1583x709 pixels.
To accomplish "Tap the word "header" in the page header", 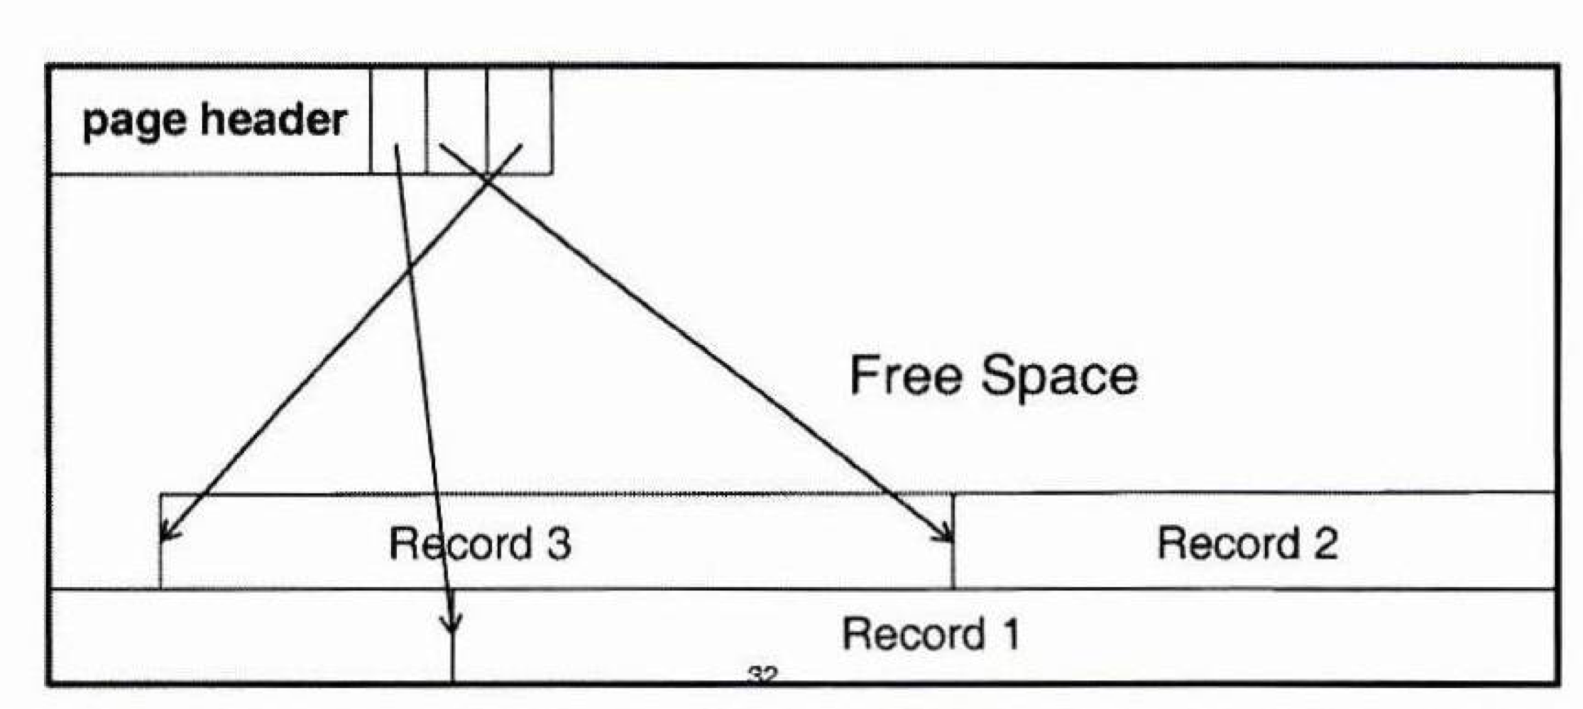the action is pyautogui.click(x=274, y=119).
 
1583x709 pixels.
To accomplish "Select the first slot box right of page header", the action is pyautogui.click(x=398, y=119).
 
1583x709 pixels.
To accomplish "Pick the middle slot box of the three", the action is pyautogui.click(x=456, y=119).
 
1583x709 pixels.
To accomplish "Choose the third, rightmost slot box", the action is pyautogui.click(x=520, y=119).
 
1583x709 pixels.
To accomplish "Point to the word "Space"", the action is pyautogui.click(x=1059, y=377).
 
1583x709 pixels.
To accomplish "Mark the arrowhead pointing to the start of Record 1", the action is pyautogui.click(x=451, y=625).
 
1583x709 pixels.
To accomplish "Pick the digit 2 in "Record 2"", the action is pyautogui.click(x=1325, y=544).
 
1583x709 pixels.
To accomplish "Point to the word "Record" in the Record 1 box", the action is pyautogui.click(x=913, y=634).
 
